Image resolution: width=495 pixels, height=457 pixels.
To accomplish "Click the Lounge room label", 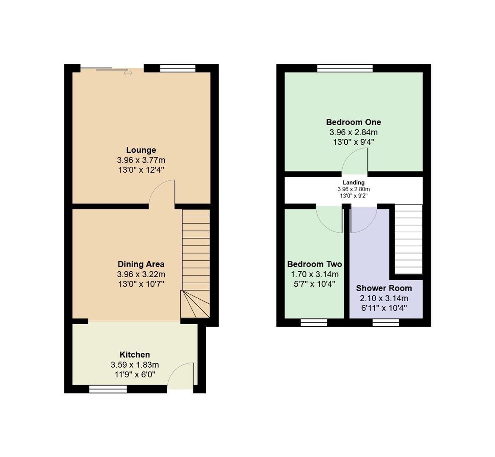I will (x=141, y=150).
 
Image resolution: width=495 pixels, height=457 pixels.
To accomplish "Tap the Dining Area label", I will (x=141, y=264).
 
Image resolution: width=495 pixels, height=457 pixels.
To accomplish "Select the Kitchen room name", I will (x=135, y=355).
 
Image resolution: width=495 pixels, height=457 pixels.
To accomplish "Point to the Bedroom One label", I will (x=354, y=122).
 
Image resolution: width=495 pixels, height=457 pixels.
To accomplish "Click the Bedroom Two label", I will (x=315, y=264).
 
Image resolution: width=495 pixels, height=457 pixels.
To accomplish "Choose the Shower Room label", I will (x=384, y=288).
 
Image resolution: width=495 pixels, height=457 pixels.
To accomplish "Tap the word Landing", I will (x=354, y=183).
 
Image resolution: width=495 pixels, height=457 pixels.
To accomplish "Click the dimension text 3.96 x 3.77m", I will (x=141, y=160).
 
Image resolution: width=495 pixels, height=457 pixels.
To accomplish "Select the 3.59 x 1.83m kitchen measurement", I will (x=135, y=365).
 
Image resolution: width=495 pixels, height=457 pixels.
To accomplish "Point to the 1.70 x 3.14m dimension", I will (x=315, y=274).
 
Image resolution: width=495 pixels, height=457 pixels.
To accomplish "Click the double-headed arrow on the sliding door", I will (x=128, y=73).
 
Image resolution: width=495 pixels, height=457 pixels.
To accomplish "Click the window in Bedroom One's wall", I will (x=345, y=68).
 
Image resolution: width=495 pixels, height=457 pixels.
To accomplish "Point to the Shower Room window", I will (x=386, y=322).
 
